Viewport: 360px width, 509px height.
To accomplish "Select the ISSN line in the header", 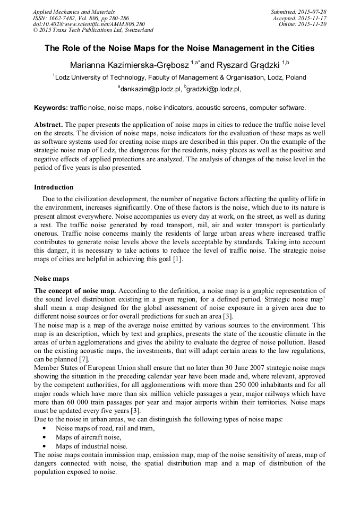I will tap(84, 18).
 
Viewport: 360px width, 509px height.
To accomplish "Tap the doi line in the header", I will tap(88, 24).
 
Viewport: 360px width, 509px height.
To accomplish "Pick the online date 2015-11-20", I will tap(315, 24).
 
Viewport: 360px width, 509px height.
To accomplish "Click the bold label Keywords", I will tap(51, 108).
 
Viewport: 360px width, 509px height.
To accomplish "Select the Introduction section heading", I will tap(54, 187).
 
